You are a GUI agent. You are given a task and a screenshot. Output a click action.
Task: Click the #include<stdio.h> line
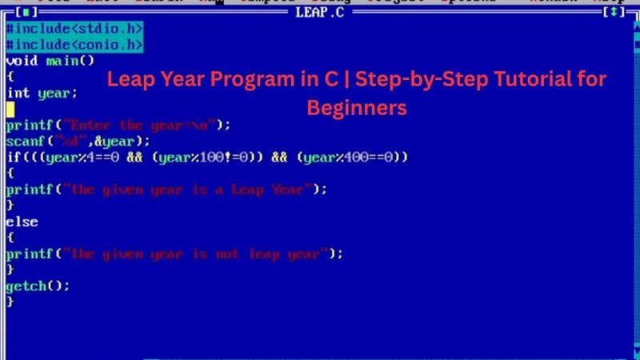[74, 28]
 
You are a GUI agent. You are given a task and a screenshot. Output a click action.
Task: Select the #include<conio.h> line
[74, 44]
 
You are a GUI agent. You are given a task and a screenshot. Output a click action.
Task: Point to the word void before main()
[21, 60]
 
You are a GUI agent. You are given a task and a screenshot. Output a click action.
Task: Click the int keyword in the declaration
[18, 93]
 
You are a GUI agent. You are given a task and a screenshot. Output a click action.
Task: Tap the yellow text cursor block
[10, 109]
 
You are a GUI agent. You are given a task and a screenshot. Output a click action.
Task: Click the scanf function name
[25, 141]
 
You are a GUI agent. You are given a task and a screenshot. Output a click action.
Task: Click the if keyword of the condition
[13, 158]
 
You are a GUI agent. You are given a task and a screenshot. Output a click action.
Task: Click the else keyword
[22, 222]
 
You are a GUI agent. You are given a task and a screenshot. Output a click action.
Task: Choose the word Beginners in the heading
[357, 106]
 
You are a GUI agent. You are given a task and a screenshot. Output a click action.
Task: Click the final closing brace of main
[10, 302]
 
